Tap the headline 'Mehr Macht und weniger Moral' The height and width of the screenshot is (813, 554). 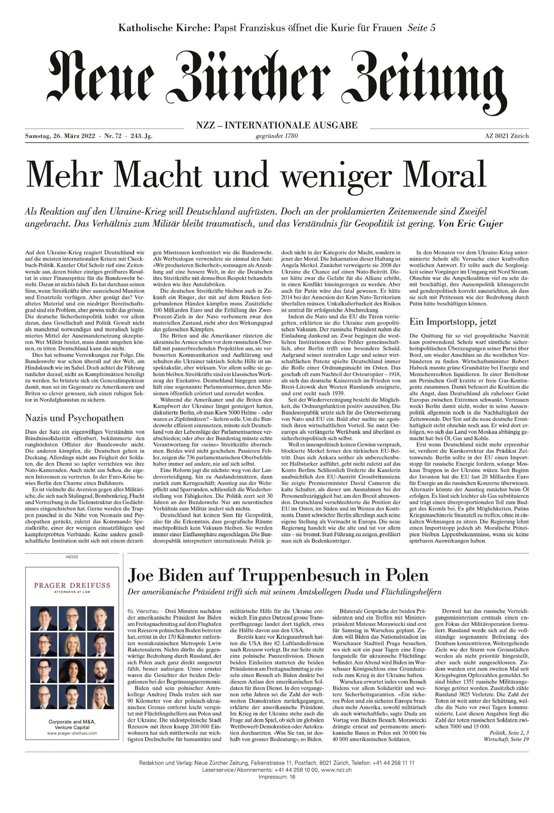[256, 174]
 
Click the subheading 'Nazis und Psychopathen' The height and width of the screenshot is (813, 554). [74, 418]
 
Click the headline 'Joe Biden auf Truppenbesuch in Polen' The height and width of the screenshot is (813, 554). [278, 575]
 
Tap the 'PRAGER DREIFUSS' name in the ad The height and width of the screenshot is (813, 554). [72, 585]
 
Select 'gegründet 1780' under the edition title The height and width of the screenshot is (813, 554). [277, 136]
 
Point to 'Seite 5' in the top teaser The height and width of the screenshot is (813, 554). [421, 28]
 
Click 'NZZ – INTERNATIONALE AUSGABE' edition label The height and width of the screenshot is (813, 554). [277, 125]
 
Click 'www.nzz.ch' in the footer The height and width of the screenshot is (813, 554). [336, 787]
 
